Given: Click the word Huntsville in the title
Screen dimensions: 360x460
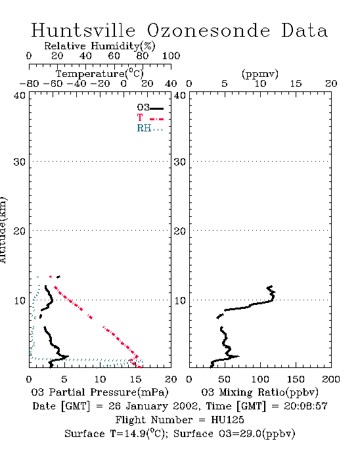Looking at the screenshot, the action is [x=83, y=30].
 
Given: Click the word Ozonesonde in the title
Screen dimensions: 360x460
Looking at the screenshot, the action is [x=208, y=30].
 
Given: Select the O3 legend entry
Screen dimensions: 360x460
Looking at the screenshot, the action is [x=150, y=108].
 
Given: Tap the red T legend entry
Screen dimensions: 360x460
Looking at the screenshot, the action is [x=150, y=118].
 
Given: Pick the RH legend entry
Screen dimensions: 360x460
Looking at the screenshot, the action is [x=150, y=128].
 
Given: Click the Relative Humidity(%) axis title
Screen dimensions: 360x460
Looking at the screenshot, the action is [x=100, y=46].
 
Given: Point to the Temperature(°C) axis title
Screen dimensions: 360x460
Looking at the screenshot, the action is [x=100, y=74].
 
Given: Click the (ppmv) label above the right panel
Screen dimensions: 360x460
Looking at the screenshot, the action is [x=260, y=74].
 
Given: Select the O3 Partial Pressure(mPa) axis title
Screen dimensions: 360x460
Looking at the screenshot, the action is [x=100, y=392].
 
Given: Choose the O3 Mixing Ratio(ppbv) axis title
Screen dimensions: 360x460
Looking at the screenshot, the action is [x=259, y=392].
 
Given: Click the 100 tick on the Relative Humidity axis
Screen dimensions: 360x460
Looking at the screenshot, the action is [x=171, y=55].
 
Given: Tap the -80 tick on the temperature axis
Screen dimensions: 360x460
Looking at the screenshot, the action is [x=29, y=83].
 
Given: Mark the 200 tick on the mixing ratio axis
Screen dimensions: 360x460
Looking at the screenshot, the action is [x=331, y=379].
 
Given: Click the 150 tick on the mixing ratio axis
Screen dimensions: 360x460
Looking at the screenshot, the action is [x=296, y=379].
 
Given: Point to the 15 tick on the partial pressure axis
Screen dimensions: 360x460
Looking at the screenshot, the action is [x=135, y=379].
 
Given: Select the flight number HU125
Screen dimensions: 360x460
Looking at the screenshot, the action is [x=227, y=420].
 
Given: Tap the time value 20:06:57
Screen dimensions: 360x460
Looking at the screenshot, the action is [x=305, y=406].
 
